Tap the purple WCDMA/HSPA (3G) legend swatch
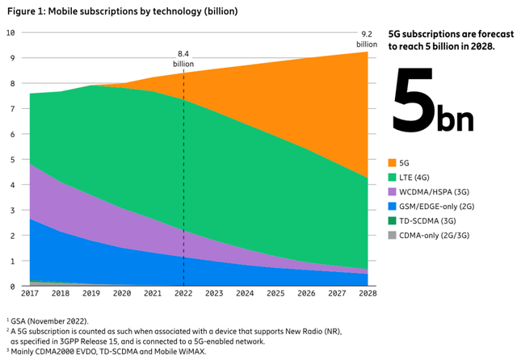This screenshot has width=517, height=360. [x=393, y=192]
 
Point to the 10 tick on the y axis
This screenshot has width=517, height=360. [x=11, y=32]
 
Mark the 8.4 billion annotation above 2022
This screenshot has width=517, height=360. [x=183, y=59]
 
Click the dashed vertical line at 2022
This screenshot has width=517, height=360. [x=184, y=186]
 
